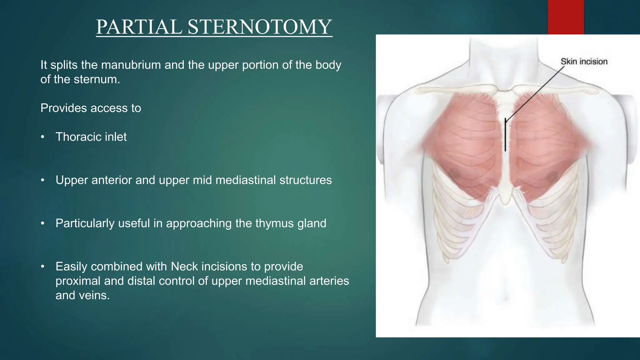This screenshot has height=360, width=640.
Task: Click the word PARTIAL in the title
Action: pyautogui.click(x=139, y=27)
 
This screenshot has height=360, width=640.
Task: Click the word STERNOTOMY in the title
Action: pyautogui.click(x=260, y=27)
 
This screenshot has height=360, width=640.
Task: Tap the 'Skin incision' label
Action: pyautogui.click(x=584, y=62)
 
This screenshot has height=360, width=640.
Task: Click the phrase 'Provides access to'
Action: pyautogui.click(x=91, y=108)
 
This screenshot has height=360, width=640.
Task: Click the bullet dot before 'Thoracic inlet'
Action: pyautogui.click(x=43, y=137)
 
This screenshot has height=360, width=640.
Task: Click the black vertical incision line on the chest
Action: pyautogui.click(x=505, y=137)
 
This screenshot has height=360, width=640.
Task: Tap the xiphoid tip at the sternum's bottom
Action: pyautogui.click(x=505, y=202)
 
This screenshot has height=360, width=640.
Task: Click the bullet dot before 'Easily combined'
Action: pyautogui.click(x=43, y=267)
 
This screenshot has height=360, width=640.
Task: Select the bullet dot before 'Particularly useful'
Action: pyautogui.click(x=43, y=223)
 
